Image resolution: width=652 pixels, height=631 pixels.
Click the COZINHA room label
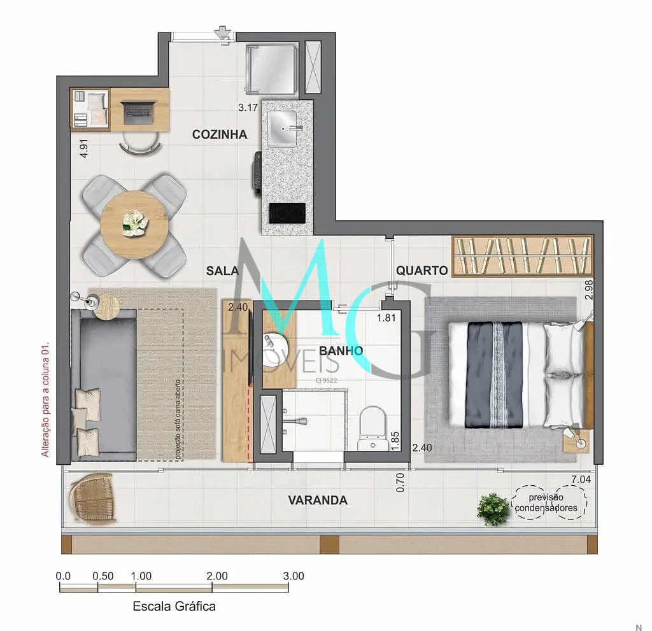tap(220, 134)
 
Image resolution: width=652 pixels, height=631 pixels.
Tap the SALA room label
tap(222, 271)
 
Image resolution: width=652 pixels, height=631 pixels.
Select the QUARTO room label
tap(422, 271)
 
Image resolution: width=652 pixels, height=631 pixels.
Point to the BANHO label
tap(341, 351)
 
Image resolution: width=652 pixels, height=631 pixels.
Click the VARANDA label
tap(318, 500)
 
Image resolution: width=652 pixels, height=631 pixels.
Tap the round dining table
tap(135, 225)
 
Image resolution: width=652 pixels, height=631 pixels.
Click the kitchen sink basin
tap(282, 129)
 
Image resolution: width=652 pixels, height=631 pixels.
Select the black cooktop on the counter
tap(287, 213)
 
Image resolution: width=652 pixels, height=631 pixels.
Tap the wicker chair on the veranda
tap(93, 498)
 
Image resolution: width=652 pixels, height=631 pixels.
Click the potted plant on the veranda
tap(493, 509)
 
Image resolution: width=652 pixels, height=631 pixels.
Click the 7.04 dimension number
tap(581, 479)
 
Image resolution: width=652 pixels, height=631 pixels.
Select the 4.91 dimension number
tap(84, 148)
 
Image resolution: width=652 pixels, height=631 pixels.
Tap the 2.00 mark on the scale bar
tap(217, 576)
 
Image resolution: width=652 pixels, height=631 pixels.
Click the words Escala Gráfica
tap(174, 606)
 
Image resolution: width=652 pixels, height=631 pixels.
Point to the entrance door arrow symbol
tap(222, 32)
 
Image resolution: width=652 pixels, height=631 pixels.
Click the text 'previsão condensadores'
tap(546, 502)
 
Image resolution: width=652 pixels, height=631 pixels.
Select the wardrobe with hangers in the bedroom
tap(523, 255)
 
